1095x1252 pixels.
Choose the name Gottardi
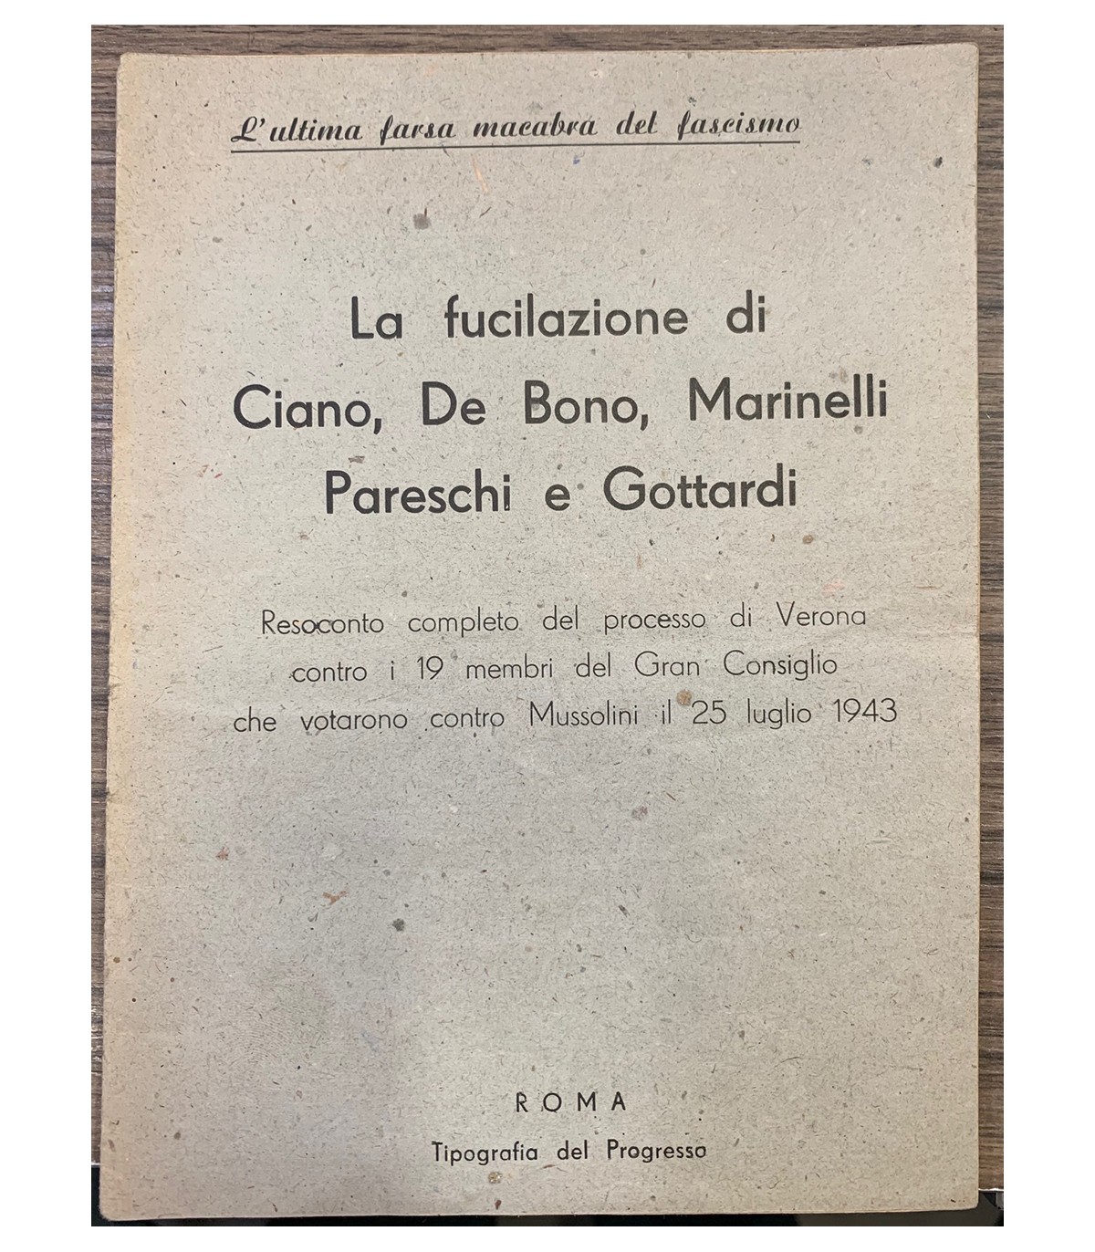tap(700, 492)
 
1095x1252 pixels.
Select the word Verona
tap(819, 617)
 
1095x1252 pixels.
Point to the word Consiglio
tap(780, 666)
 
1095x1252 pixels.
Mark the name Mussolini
tap(586, 714)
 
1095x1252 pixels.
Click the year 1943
tap(865, 712)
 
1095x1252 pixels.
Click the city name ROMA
tap(572, 1101)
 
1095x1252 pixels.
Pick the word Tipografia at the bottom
tap(488, 1152)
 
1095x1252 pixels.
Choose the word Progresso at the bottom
tap(656, 1151)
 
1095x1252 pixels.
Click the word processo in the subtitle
tap(654, 621)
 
